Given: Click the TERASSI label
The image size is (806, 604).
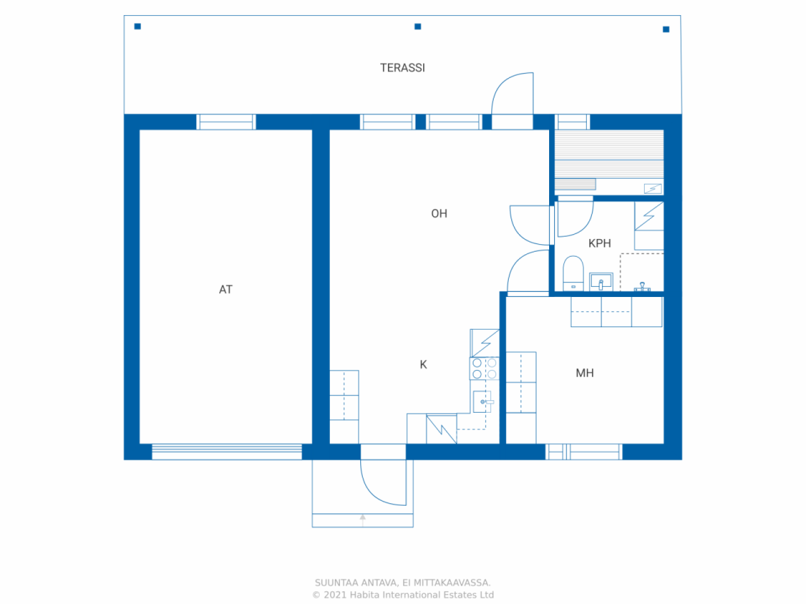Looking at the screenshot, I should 402,68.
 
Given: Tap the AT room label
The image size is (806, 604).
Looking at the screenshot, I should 225,289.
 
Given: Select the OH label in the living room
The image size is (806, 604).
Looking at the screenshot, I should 439,214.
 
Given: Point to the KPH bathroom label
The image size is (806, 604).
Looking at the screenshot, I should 599,243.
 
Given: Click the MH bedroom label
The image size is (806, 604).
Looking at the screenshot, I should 584,373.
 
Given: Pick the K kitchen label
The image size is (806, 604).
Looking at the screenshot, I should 423,364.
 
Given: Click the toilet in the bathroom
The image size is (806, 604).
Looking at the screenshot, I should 573,272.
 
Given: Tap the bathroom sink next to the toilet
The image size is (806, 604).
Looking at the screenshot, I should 601,281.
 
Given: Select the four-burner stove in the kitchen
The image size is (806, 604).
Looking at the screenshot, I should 484,369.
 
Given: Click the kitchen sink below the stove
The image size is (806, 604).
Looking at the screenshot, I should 482,401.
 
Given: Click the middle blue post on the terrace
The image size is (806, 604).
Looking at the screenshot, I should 417,26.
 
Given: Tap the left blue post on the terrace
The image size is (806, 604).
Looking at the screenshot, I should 138,26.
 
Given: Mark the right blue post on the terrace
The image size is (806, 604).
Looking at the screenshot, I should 666,29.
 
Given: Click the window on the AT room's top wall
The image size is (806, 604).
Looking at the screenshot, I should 226,121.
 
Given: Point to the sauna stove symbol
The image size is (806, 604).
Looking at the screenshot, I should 653,188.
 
